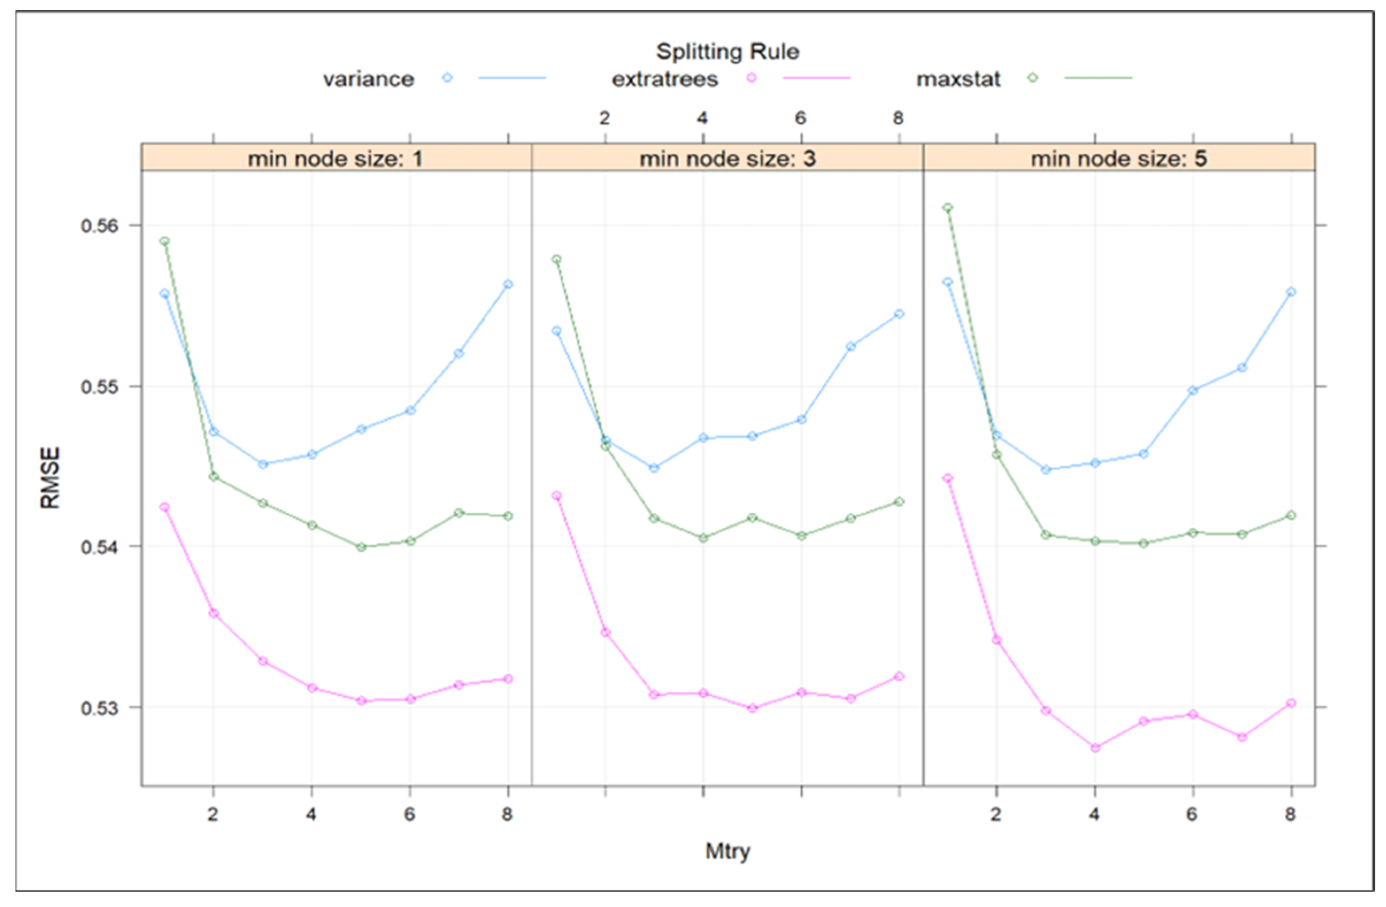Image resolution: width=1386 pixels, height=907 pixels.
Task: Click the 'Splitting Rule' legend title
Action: pyautogui.click(x=728, y=51)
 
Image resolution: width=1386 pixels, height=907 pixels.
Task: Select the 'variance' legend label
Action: pyautogui.click(x=369, y=79)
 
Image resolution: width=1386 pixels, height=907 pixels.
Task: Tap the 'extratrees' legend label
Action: pyautogui.click(x=665, y=79)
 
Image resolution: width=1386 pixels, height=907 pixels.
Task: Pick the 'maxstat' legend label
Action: pyautogui.click(x=958, y=79)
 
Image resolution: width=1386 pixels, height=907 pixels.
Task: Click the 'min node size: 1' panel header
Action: pyautogui.click(x=335, y=158)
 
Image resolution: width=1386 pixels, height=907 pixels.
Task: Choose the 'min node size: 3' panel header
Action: pyautogui.click(x=728, y=158)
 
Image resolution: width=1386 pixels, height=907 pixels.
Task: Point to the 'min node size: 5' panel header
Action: pyautogui.click(x=1119, y=158)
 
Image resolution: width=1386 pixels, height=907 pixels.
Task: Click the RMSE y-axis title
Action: pyautogui.click(x=50, y=477)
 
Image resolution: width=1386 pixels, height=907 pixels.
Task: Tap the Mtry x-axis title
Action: pyautogui.click(x=728, y=851)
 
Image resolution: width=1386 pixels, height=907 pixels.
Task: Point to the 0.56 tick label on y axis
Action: pyautogui.click(x=100, y=226)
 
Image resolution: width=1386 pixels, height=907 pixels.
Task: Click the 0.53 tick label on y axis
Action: pyautogui.click(x=100, y=708)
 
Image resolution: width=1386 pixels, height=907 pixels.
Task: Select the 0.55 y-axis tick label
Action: pyautogui.click(x=100, y=387)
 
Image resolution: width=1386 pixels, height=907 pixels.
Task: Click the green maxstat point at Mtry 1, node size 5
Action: pyautogui.click(x=948, y=208)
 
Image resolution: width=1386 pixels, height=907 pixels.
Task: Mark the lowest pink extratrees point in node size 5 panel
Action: pyautogui.click(x=1095, y=747)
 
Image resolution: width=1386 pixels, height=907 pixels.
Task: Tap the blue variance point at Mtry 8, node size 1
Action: pyautogui.click(x=508, y=284)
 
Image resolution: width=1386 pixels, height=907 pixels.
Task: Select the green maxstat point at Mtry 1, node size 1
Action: pyautogui.click(x=165, y=241)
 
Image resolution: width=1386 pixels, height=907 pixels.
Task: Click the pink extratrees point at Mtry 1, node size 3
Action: pyautogui.click(x=557, y=496)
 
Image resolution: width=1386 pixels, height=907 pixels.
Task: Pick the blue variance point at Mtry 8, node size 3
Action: pyautogui.click(x=899, y=314)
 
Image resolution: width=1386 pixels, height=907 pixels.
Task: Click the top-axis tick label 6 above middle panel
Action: pyautogui.click(x=801, y=118)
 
